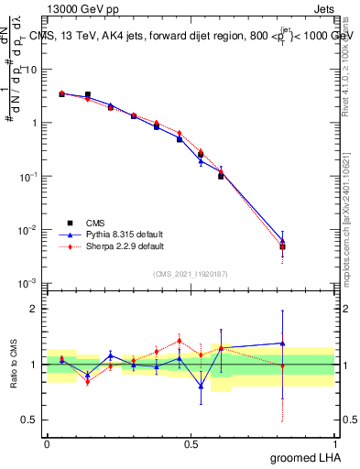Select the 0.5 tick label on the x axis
191,443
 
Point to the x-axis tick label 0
47,443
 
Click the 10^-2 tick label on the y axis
29,230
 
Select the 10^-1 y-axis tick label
29,176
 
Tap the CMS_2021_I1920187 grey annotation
190,274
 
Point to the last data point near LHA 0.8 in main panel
283,246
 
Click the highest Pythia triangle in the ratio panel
283,344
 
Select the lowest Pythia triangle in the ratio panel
201,386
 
